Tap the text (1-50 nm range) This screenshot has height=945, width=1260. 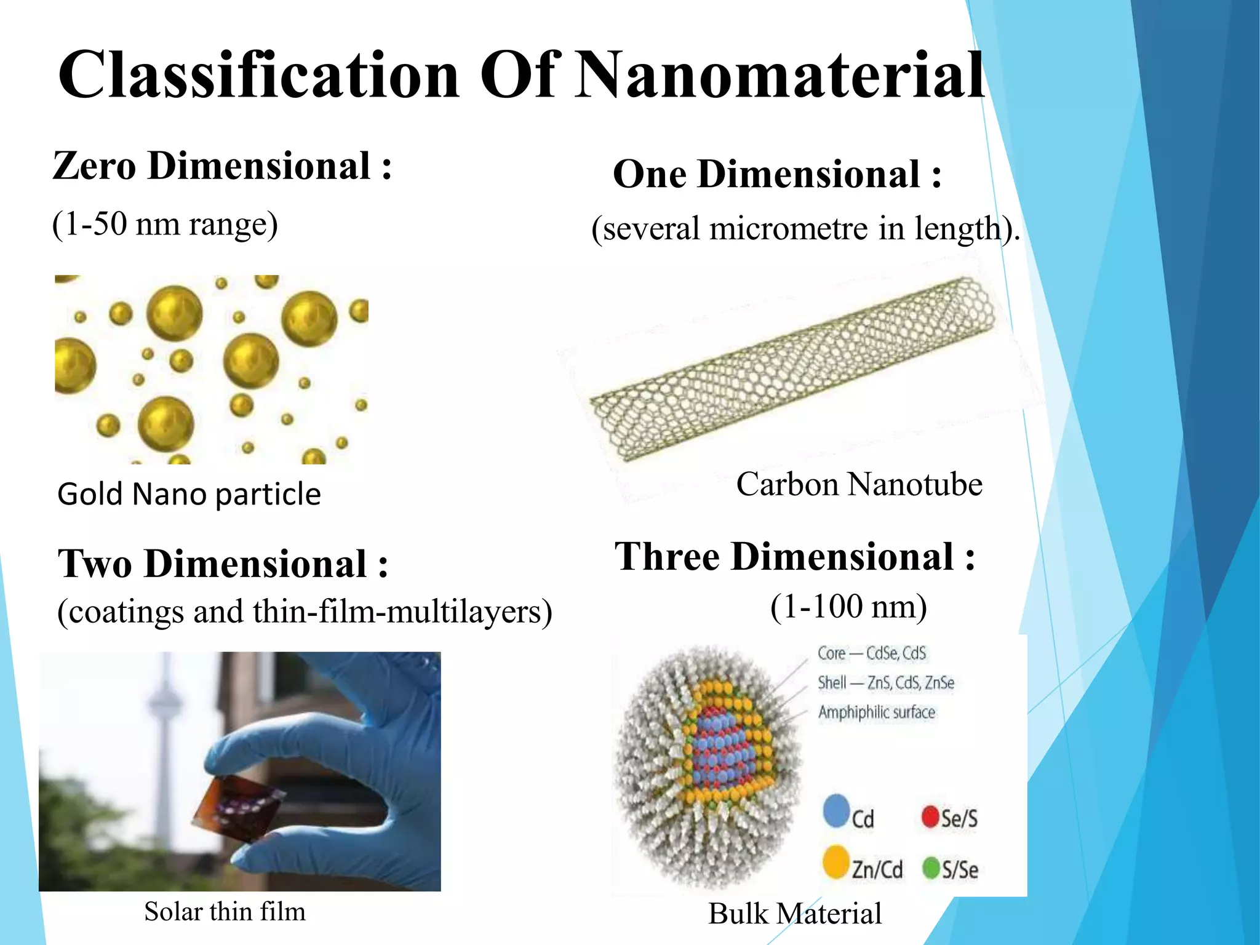coord(165,224)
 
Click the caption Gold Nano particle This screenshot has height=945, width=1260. coord(189,494)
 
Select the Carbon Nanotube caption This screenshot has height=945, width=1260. coord(859,484)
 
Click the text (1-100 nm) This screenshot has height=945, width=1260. coord(848,607)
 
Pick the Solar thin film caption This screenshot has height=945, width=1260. coord(225,912)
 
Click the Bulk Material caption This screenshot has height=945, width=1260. coord(794,914)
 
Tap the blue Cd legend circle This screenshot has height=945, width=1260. coord(836,811)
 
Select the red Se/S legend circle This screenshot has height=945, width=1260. coord(930,818)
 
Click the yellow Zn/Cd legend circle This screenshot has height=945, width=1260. coord(835,862)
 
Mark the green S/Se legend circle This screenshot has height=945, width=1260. coord(931,869)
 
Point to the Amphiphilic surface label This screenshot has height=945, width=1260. coord(876,712)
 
